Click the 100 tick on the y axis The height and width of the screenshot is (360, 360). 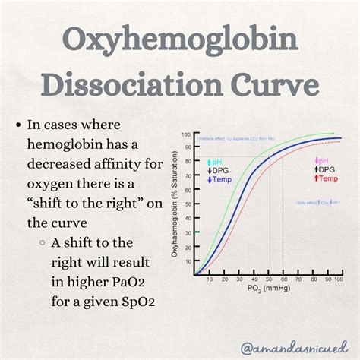tap(188, 134)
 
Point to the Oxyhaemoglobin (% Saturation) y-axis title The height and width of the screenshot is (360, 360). tap(177, 205)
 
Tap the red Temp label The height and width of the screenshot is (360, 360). tap(328, 178)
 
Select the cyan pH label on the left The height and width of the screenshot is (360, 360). tap(215, 163)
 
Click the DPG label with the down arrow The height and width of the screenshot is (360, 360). tap(219, 172)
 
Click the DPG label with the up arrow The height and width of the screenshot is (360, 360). tap(327, 169)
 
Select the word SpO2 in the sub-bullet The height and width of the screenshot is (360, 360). tap(134, 303)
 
